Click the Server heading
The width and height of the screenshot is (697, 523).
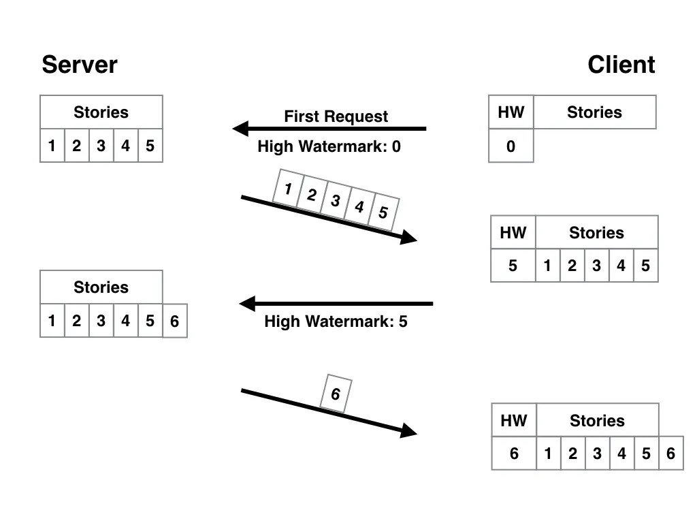click(x=79, y=65)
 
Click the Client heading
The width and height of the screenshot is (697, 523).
click(x=621, y=65)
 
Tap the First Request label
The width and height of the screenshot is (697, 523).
click(x=336, y=116)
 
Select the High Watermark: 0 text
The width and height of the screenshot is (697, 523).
click(x=329, y=146)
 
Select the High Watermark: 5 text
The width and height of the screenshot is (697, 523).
click(x=336, y=321)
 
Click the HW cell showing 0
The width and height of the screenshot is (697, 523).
click(x=510, y=146)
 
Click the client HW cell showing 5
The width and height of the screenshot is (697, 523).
click(x=513, y=266)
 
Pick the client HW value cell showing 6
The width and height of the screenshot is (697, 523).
click(x=514, y=454)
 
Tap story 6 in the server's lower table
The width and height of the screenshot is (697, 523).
click(x=174, y=321)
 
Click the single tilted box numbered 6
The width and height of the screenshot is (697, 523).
click(x=336, y=394)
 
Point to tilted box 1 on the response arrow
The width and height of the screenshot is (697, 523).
click(x=288, y=189)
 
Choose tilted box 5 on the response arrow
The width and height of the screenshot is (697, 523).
click(x=383, y=212)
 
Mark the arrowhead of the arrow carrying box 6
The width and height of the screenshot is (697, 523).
click(x=408, y=430)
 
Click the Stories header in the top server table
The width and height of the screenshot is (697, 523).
click(x=101, y=112)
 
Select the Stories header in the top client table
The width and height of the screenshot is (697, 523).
click(x=594, y=112)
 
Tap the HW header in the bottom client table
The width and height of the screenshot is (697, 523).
click(x=514, y=420)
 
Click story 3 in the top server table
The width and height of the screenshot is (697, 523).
click(x=101, y=146)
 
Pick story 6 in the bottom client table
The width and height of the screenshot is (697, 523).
click(x=670, y=454)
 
